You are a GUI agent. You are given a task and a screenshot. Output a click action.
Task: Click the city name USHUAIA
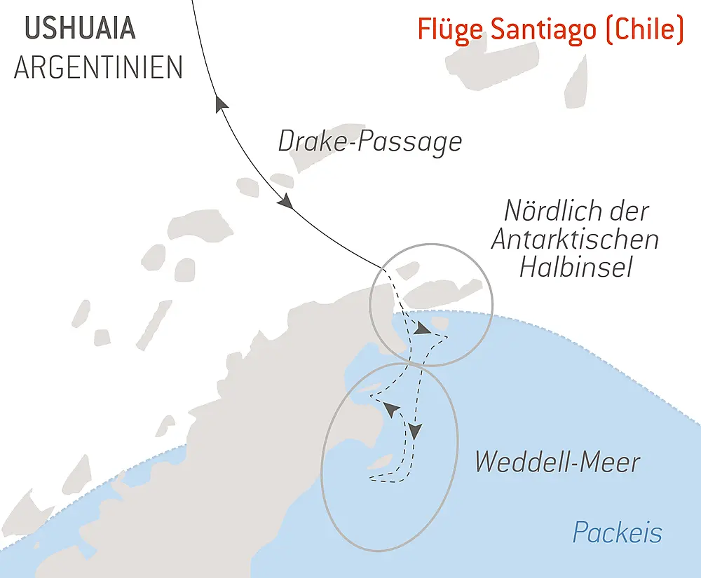(80, 29)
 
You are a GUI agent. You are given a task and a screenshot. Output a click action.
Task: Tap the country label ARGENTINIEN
(98, 67)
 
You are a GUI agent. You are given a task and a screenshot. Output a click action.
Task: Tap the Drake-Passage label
(370, 142)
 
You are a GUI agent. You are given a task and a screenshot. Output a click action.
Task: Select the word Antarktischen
(575, 239)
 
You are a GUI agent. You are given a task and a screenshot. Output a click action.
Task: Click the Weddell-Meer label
(557, 462)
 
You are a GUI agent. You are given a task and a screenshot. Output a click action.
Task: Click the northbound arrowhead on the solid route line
(222, 104)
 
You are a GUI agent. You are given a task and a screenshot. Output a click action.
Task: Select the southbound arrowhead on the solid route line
(285, 202)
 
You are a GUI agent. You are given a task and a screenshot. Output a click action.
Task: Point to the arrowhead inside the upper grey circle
(422, 328)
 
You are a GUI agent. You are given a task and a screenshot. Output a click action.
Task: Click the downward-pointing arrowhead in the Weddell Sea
(416, 431)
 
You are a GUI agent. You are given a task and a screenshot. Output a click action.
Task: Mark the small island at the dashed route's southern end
(380, 463)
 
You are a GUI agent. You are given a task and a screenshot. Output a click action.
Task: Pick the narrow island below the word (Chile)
(576, 82)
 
